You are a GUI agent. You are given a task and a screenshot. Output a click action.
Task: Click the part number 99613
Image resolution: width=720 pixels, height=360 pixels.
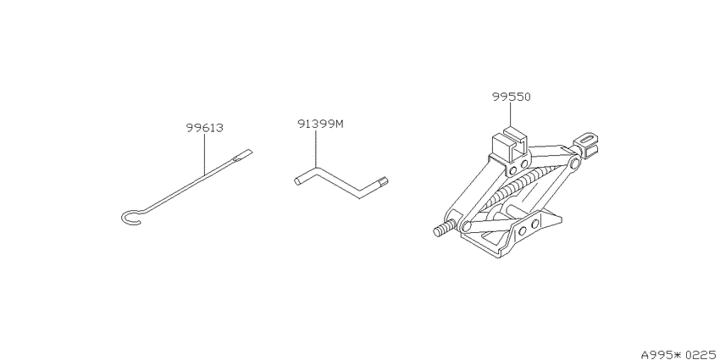pos(205,128)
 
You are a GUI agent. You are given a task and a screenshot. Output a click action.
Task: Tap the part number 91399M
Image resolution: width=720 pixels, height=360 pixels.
pos(320,124)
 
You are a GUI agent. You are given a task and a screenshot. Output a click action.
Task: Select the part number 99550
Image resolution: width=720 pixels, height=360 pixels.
pos(512,97)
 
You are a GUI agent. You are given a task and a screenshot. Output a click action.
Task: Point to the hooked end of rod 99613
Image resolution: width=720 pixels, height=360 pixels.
pos(131,217)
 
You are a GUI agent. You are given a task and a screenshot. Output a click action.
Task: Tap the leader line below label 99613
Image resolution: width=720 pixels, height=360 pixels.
pos(204,154)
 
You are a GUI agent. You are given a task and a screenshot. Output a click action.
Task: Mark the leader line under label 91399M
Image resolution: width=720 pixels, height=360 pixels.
pos(316,149)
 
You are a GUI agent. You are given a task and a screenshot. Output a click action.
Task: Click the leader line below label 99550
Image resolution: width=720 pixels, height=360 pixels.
pos(511,115)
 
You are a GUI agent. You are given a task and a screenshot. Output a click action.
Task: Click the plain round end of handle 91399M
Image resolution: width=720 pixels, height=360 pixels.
pos(299,180)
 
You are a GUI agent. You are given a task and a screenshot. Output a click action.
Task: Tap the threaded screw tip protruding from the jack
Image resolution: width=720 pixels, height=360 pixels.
pos(445,229)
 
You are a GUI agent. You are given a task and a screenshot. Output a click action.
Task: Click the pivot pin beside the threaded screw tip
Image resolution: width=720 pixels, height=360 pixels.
pos(466,225)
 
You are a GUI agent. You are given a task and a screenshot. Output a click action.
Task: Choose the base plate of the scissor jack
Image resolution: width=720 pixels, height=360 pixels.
pos(511,232)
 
